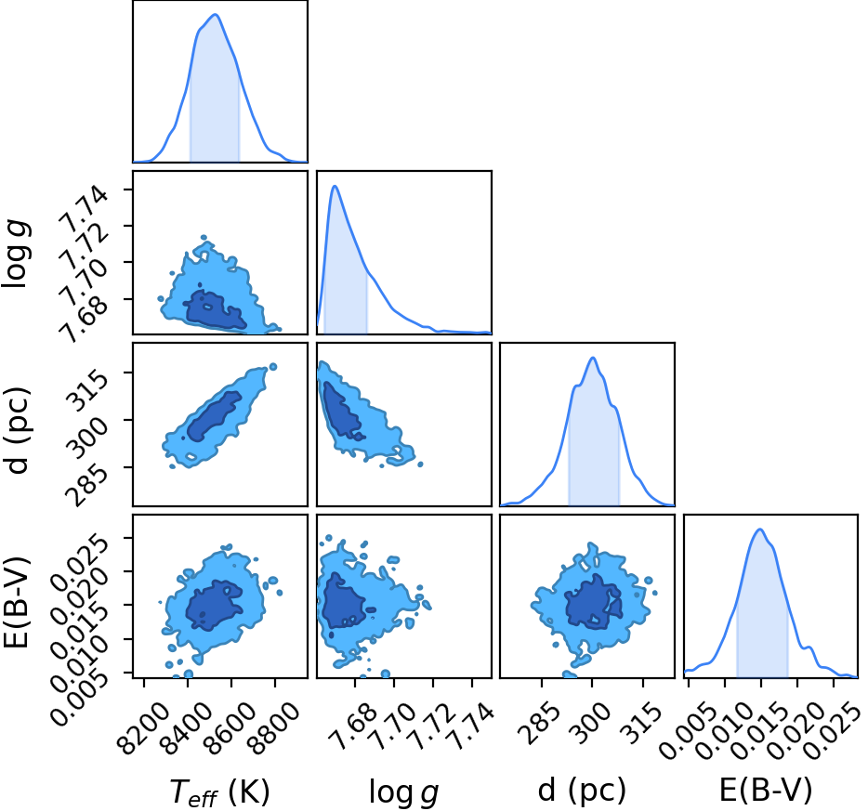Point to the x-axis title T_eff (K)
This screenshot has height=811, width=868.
click(x=219, y=791)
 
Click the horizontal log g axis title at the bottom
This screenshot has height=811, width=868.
click(x=404, y=792)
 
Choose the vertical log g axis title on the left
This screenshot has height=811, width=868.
click(x=17, y=254)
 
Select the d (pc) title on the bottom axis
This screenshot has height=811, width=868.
click(x=582, y=790)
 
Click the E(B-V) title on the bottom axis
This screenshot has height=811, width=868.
click(x=766, y=790)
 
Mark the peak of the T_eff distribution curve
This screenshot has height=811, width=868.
click(x=216, y=14)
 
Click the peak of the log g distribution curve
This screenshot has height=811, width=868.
click(x=335, y=186)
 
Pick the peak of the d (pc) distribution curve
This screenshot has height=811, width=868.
click(x=593, y=358)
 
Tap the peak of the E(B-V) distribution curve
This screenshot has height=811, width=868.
click(x=760, y=530)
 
